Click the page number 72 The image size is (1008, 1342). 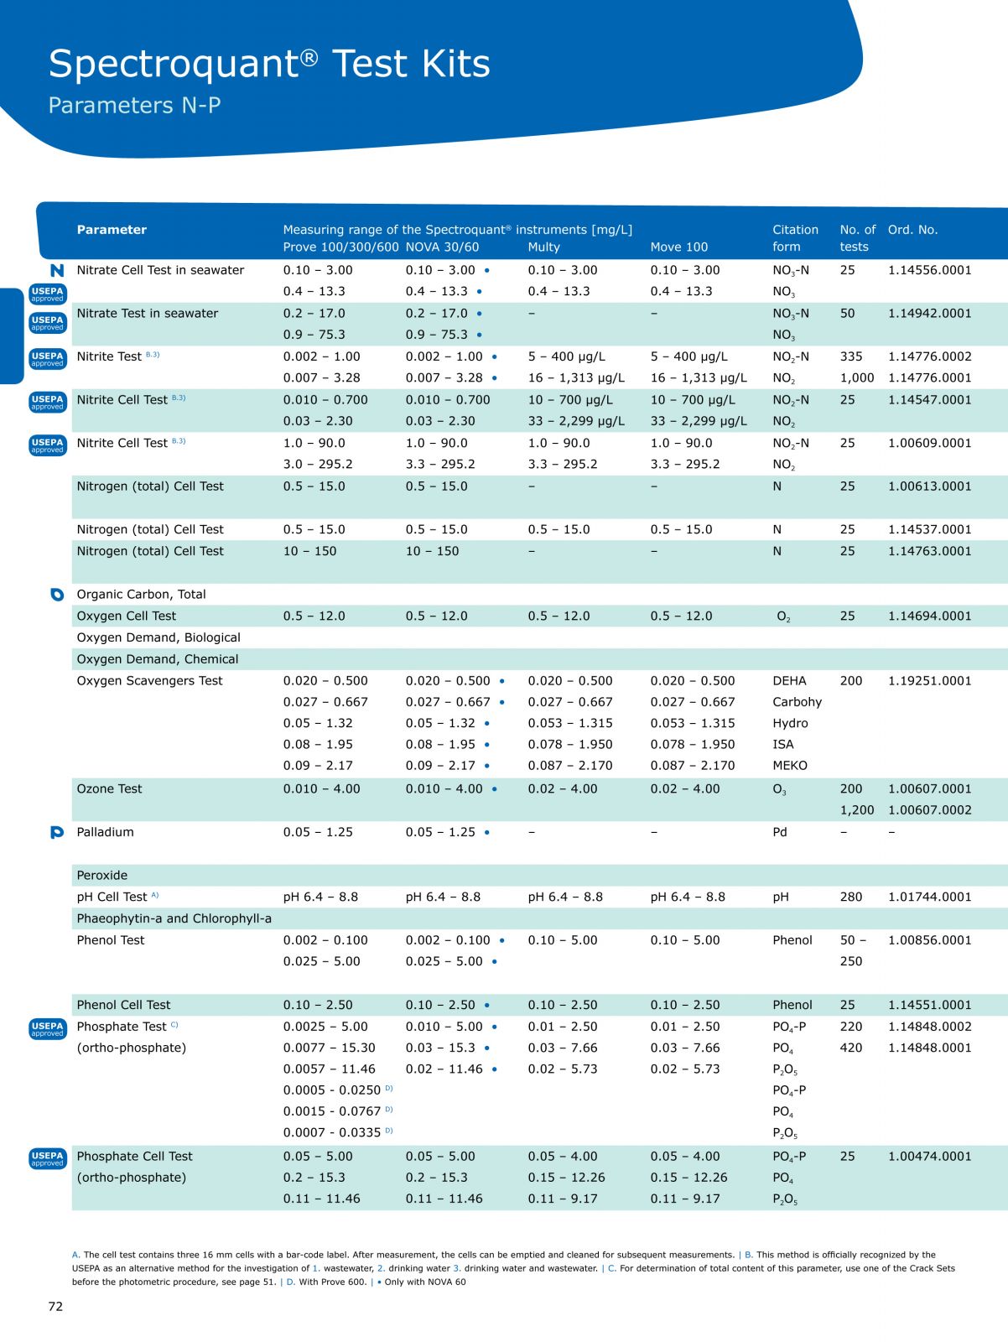point(55,1306)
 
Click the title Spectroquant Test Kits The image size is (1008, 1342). point(269,64)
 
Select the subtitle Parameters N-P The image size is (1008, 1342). point(134,106)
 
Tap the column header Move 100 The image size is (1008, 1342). point(678,247)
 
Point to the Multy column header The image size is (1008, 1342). point(543,247)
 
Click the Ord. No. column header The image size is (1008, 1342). point(912,229)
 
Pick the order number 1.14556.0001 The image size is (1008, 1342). point(929,270)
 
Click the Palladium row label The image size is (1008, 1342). point(105,832)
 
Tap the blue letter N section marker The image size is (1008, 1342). point(57,270)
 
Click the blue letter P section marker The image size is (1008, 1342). point(57,832)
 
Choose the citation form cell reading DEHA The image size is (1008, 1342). point(789,680)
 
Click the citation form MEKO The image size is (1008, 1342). point(790,765)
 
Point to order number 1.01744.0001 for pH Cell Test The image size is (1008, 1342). point(929,897)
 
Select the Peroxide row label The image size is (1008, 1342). point(102,875)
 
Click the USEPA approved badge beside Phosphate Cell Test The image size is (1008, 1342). point(47,1158)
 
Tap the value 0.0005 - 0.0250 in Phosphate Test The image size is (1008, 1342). point(331,1090)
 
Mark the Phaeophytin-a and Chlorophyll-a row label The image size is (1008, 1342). point(174,918)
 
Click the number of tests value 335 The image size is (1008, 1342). point(852,356)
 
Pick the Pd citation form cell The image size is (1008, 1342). point(780,832)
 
